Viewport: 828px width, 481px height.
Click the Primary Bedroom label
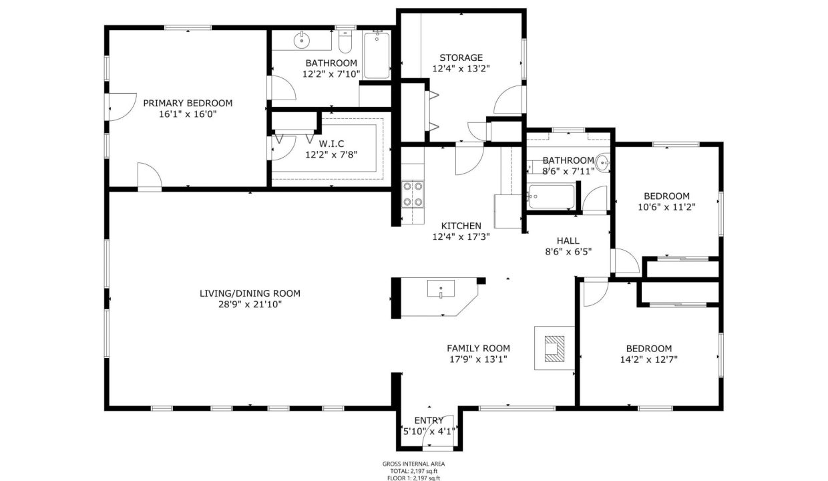[x=188, y=103]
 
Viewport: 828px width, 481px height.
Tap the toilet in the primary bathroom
[x=345, y=42]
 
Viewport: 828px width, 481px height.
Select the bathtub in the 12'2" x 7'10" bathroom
[x=377, y=55]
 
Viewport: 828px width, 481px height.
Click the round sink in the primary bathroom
[x=302, y=40]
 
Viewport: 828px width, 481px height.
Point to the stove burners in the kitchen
[x=413, y=194]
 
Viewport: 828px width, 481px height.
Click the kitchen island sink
[x=441, y=289]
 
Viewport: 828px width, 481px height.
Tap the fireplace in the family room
[x=554, y=348]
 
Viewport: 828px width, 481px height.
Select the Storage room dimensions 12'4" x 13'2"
[x=461, y=68]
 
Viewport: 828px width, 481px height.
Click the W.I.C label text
[x=331, y=144]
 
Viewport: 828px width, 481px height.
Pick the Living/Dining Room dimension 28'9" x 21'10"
[x=250, y=304]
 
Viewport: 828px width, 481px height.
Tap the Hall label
[x=568, y=241]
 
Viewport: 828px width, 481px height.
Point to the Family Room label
[x=478, y=348]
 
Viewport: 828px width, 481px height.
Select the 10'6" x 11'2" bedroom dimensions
[x=667, y=207]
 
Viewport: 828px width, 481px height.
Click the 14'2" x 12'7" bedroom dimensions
[x=649, y=359]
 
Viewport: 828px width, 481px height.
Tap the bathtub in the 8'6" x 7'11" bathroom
[x=551, y=197]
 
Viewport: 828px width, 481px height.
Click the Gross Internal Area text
[x=413, y=464]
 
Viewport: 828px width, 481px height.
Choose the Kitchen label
[x=461, y=226]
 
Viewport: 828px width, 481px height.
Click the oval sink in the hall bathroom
[x=603, y=163]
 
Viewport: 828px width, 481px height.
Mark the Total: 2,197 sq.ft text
[x=413, y=471]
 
